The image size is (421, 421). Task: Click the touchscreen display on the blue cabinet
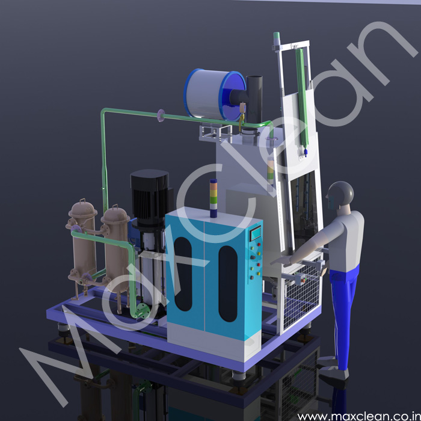256,233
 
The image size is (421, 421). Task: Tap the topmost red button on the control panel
259,245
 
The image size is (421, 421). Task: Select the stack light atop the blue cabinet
214,198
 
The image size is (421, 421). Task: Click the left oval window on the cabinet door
183,274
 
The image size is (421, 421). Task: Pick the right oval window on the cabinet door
228,283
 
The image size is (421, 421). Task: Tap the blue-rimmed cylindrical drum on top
214,94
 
